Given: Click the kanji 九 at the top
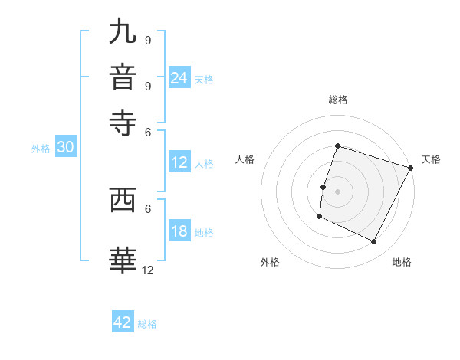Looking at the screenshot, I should tap(123, 33).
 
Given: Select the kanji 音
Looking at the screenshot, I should tap(123, 77).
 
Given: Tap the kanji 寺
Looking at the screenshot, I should tap(123, 122).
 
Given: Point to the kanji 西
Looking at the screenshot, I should tap(123, 201).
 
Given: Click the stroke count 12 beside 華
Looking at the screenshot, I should tap(148, 270).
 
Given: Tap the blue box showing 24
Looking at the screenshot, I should tap(179, 78).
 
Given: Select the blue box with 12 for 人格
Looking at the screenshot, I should tap(179, 162).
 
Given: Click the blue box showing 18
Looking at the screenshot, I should tap(179, 232).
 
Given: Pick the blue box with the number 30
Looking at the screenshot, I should tap(65, 149).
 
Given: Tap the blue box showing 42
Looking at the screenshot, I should tap(123, 322).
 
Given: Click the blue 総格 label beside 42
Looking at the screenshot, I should tap(147, 324).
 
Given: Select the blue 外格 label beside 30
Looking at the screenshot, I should tap(41, 149).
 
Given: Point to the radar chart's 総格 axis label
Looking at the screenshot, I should tap(338, 100).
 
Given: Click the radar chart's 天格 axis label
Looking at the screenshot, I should tap(432, 159).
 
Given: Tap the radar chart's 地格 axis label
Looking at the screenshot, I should tap(402, 263).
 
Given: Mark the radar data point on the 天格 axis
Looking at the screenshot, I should tap(412, 168).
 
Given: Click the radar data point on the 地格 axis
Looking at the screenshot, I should tap(374, 242).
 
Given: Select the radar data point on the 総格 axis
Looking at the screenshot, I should tap(337, 146).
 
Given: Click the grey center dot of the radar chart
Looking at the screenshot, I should tap(337, 191).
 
